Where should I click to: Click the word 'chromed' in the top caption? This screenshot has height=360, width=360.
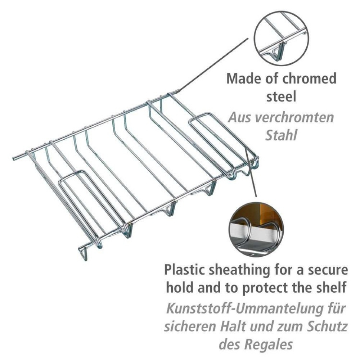[x=309, y=78]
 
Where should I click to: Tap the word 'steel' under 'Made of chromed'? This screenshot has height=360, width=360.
[x=281, y=96]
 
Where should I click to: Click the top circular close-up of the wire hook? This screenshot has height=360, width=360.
[x=281, y=38]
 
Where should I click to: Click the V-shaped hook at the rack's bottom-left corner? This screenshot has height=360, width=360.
[x=84, y=254]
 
